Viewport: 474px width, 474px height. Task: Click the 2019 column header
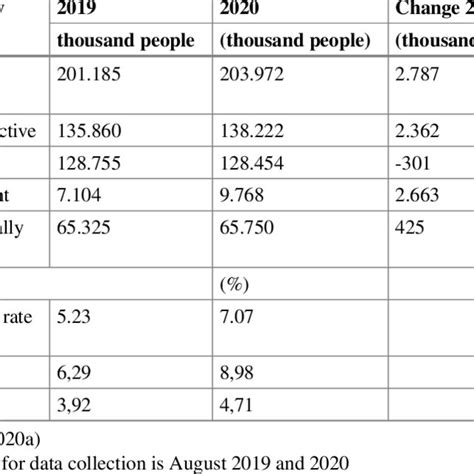pyautogui.click(x=79, y=10)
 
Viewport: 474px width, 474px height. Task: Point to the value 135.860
pyautogui.click(x=87, y=129)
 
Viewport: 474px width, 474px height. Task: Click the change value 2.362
pyautogui.click(x=417, y=129)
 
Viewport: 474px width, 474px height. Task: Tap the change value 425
pyautogui.click(x=408, y=227)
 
